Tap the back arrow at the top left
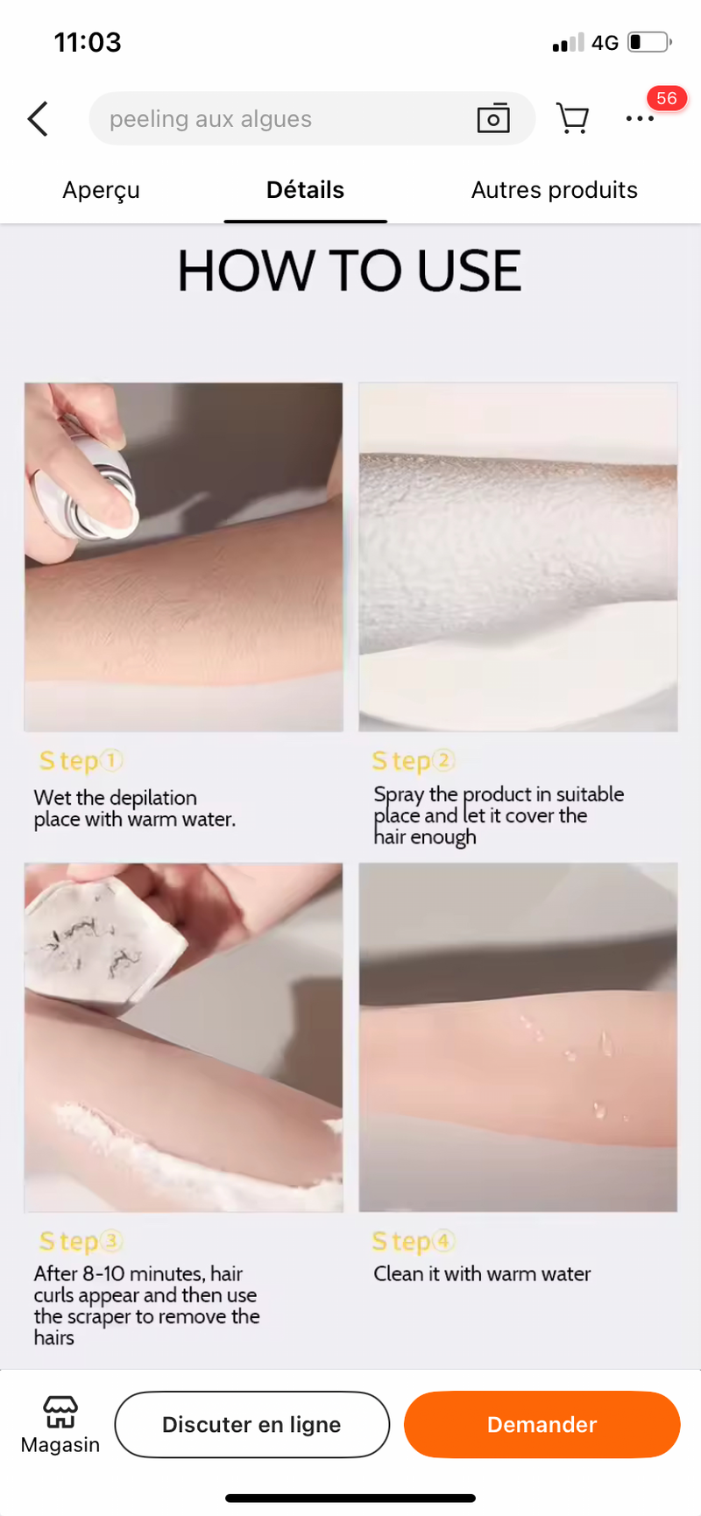(38, 119)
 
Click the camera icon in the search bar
(493, 118)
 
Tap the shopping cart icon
(572, 118)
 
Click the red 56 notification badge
(667, 98)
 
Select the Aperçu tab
(101, 191)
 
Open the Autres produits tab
(555, 190)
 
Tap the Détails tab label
(305, 190)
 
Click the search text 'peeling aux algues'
(210, 119)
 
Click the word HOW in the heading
(227, 270)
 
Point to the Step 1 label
(81, 761)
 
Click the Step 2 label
(414, 761)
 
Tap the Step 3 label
(81, 1241)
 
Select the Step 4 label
(414, 1241)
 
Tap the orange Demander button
(542, 1424)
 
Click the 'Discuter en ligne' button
(251, 1424)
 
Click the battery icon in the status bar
(649, 42)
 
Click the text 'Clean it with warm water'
(482, 1273)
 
